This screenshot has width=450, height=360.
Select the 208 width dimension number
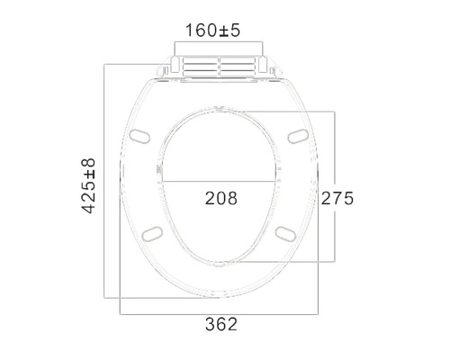220,198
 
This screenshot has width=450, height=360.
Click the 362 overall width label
220,324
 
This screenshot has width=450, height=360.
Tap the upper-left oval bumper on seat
140,135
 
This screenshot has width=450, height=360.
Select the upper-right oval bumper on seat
298,135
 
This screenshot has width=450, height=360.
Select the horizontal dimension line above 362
220,312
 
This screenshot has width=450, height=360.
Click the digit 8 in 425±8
89,164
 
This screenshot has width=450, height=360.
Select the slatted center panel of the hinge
220,67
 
